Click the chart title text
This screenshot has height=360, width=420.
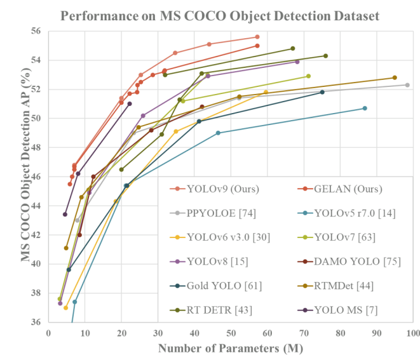pyautogui.click(x=210, y=15)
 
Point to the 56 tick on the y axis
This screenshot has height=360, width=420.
pyautogui.click(x=36, y=31)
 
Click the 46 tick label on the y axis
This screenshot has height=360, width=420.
pyautogui.click(x=36, y=177)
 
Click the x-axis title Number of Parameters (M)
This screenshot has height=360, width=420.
pyautogui.click(x=231, y=348)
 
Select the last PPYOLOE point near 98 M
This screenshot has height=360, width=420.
pyautogui.click(x=407, y=85)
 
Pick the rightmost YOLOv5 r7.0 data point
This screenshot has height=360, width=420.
pyautogui.click(x=365, y=108)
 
